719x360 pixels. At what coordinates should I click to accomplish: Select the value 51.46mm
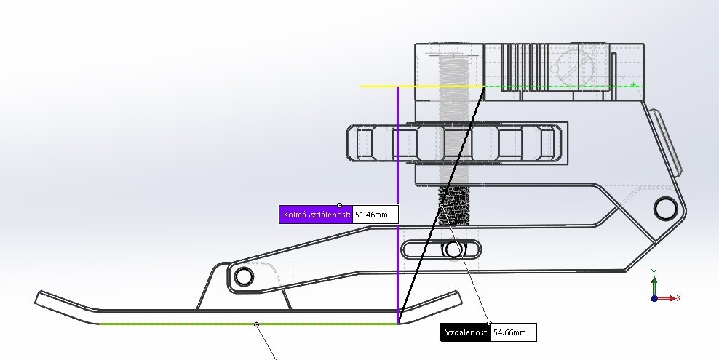tap(375, 215)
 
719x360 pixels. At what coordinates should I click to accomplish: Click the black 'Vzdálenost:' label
tap(466, 332)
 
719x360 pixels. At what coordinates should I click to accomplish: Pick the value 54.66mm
tap(513, 332)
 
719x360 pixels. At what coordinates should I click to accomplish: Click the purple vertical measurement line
tap(397, 145)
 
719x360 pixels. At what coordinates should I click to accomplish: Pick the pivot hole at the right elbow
tap(665, 208)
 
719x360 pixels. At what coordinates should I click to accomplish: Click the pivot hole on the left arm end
tap(243, 276)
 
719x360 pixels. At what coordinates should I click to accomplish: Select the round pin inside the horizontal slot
tap(455, 250)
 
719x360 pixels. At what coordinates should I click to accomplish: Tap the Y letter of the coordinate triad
tap(654, 272)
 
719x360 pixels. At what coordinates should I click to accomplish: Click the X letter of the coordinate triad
tap(678, 297)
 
